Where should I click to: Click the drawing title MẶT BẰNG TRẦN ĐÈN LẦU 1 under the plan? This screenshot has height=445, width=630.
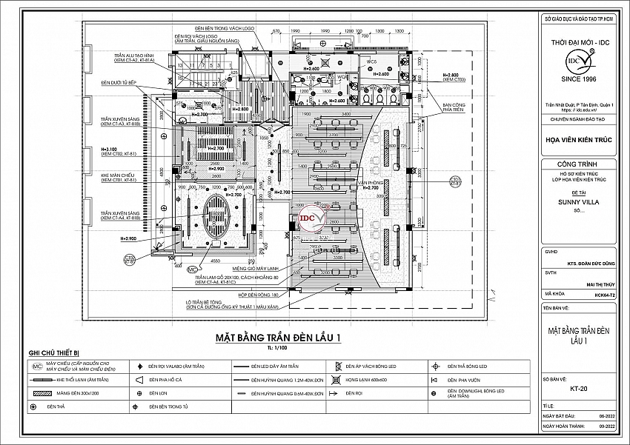tap(277, 338)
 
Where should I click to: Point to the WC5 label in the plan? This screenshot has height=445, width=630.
tap(372, 62)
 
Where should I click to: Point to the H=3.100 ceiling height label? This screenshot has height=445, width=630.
tap(110, 149)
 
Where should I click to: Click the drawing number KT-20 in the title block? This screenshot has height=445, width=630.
tap(579, 387)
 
